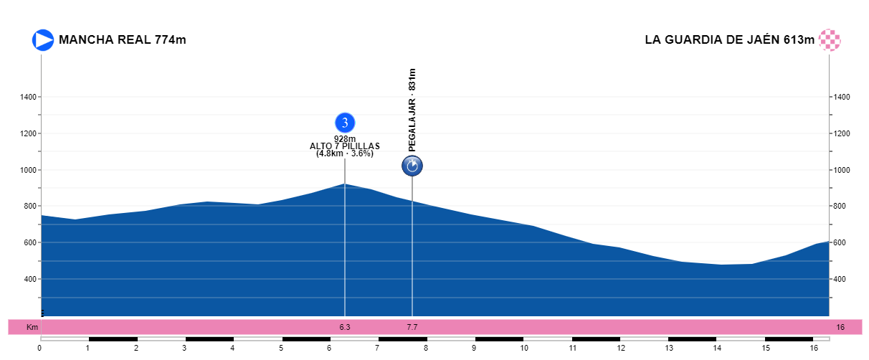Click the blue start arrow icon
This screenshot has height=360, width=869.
[43, 40]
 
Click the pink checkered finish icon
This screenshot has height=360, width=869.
[830, 40]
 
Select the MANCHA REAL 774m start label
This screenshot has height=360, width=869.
[123, 40]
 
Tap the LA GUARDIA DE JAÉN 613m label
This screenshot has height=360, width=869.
[729, 40]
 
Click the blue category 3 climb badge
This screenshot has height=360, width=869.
[345, 123]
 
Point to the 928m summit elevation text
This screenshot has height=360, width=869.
[345, 139]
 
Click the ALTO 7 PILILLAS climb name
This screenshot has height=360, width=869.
[345, 146]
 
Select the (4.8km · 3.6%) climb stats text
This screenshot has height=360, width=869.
[345, 153]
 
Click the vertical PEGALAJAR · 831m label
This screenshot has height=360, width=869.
[412, 110]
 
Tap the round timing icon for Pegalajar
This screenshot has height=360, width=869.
[412, 166]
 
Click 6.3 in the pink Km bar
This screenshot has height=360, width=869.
[345, 327]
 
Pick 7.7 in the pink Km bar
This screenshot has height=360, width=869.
[412, 327]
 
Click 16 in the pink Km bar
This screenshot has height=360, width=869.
[840, 327]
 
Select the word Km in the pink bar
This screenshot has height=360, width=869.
[32, 327]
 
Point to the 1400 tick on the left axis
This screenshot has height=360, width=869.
[29, 97]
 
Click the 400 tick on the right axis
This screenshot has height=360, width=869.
[842, 279]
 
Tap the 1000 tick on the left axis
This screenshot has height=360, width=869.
[29, 170]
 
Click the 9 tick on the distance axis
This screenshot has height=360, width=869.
[474, 349]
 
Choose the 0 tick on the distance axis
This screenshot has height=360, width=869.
[39, 349]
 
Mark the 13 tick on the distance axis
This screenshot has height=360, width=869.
[668, 349]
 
